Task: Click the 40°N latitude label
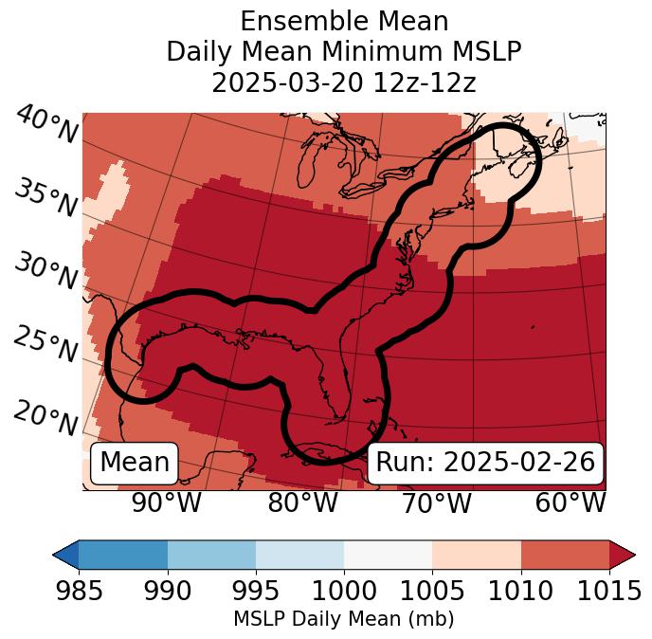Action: pyautogui.click(x=45, y=126)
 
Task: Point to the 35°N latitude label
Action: pyautogui.click(x=45, y=198)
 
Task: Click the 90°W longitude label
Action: pyautogui.click(x=167, y=503)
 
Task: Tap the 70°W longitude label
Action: pyautogui.click(x=437, y=503)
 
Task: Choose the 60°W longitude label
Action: pyautogui.click(x=570, y=503)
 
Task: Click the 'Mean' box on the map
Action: pyautogui.click(x=135, y=463)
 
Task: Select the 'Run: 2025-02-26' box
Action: pyautogui.click(x=485, y=463)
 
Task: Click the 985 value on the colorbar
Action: pyautogui.click(x=79, y=592)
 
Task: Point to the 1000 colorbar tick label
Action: pyautogui.click(x=343, y=592)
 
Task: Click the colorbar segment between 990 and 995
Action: pyautogui.click(x=211, y=554)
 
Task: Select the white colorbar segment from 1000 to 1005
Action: pyautogui.click(x=388, y=554)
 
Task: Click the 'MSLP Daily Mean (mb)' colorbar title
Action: pyautogui.click(x=343, y=620)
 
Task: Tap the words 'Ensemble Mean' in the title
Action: pyautogui.click(x=344, y=21)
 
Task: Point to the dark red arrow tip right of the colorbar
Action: pyautogui.click(x=623, y=554)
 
